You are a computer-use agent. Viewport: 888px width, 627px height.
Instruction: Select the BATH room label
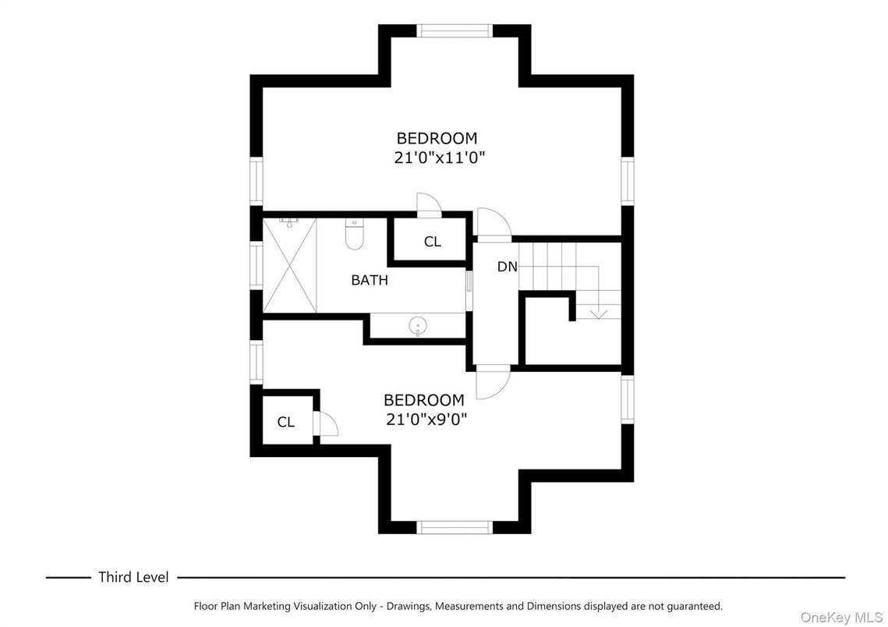[x=370, y=280]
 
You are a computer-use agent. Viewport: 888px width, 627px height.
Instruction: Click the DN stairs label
[x=508, y=267]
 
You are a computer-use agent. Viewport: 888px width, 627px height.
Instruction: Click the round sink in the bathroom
[x=419, y=324]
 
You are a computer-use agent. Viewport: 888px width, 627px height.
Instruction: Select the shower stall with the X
[x=290, y=265]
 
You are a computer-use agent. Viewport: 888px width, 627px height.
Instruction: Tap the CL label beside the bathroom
[x=433, y=242]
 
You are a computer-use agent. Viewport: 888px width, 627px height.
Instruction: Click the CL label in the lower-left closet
[x=286, y=422]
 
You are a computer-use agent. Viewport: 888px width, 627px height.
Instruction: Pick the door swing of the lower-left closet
[x=325, y=423]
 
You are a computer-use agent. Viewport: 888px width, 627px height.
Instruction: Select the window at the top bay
[x=455, y=31]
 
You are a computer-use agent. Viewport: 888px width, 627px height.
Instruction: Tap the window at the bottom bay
[x=455, y=527]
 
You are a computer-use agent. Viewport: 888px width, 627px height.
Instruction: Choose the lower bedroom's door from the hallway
[x=492, y=382]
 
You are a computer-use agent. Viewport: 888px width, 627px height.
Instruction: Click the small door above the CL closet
[x=428, y=205]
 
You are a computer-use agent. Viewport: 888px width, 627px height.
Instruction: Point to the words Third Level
[x=133, y=577]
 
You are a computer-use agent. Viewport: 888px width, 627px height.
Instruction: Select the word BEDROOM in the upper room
[x=437, y=138]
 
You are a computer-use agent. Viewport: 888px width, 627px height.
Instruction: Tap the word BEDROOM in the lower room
[x=423, y=400]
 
